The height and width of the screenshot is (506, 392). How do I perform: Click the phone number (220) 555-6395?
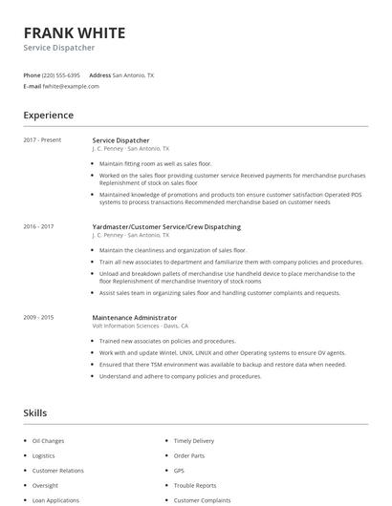pos(62,74)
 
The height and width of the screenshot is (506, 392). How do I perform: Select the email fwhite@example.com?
pos(71,86)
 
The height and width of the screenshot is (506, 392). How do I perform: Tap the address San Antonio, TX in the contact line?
pos(133,74)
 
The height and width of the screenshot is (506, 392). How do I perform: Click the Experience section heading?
pos(48,116)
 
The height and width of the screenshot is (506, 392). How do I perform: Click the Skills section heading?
pos(34,412)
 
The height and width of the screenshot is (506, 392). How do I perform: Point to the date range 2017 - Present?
pos(42,140)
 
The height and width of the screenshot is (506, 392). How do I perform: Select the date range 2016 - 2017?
pos(38,227)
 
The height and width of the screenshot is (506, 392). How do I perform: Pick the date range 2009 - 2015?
pos(38,317)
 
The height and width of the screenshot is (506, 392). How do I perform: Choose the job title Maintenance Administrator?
pos(134,317)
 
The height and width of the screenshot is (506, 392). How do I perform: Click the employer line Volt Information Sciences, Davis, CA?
pos(140,326)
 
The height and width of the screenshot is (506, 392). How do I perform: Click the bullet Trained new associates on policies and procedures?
pos(166,341)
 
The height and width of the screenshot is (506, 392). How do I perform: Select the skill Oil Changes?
pos(48,441)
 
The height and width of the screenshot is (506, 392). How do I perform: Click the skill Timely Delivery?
pos(193,441)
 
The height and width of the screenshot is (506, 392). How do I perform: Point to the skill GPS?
pos(179,471)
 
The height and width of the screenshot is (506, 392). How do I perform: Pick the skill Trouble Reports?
pos(195,485)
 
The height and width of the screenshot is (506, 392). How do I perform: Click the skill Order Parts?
pos(189,456)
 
